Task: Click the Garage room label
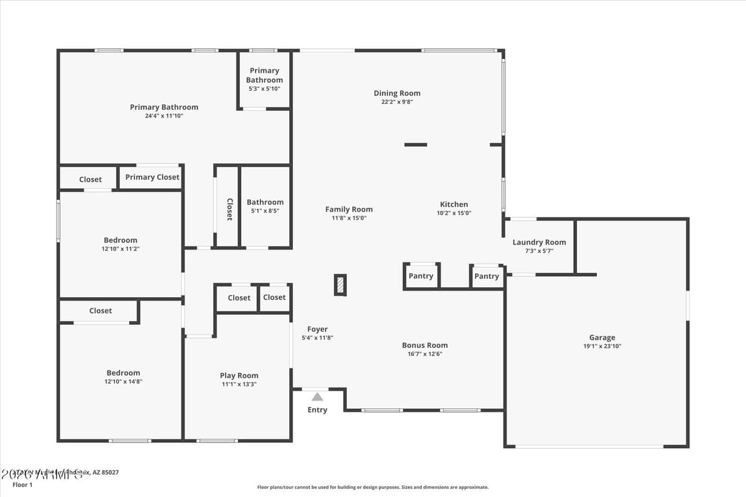pyautogui.click(x=602, y=337)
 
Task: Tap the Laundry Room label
pyautogui.click(x=539, y=242)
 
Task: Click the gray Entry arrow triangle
pyautogui.click(x=317, y=396)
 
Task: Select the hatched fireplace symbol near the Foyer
pyautogui.click(x=340, y=285)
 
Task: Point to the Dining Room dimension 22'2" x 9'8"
pyautogui.click(x=397, y=102)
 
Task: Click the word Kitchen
pyautogui.click(x=454, y=204)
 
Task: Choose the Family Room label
pyautogui.click(x=349, y=209)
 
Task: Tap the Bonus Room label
pyautogui.click(x=425, y=345)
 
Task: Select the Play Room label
pyautogui.click(x=239, y=375)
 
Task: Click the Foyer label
pyautogui.click(x=317, y=329)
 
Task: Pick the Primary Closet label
pyautogui.click(x=152, y=177)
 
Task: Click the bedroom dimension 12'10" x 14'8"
pyautogui.click(x=123, y=382)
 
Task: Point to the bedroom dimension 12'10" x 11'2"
pyautogui.click(x=121, y=249)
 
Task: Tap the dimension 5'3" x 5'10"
pyautogui.click(x=264, y=89)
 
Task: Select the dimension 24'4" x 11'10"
pyautogui.click(x=164, y=116)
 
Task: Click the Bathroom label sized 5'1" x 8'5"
pyautogui.click(x=265, y=202)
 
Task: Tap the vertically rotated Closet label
pyautogui.click(x=229, y=209)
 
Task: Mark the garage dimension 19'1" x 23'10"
pyautogui.click(x=602, y=347)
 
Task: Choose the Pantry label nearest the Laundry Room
pyautogui.click(x=486, y=276)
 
